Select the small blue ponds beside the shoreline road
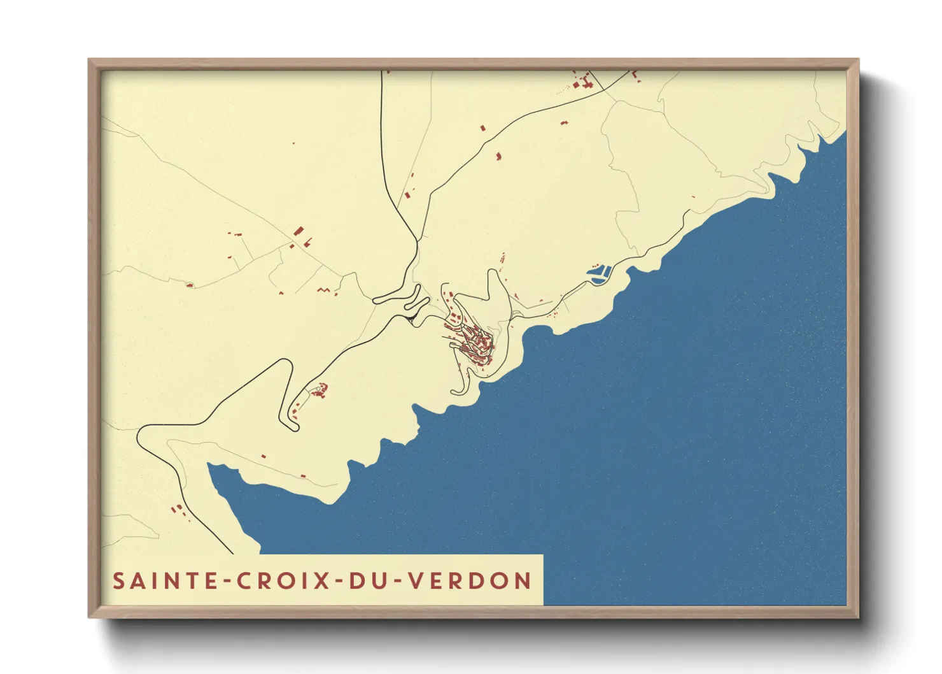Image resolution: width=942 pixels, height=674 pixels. tap(598, 274)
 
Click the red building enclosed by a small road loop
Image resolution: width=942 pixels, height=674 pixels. tap(189, 285)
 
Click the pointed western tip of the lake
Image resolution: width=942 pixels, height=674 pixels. tap(210, 466)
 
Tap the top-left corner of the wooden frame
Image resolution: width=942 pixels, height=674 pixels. tap(90, 61)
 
